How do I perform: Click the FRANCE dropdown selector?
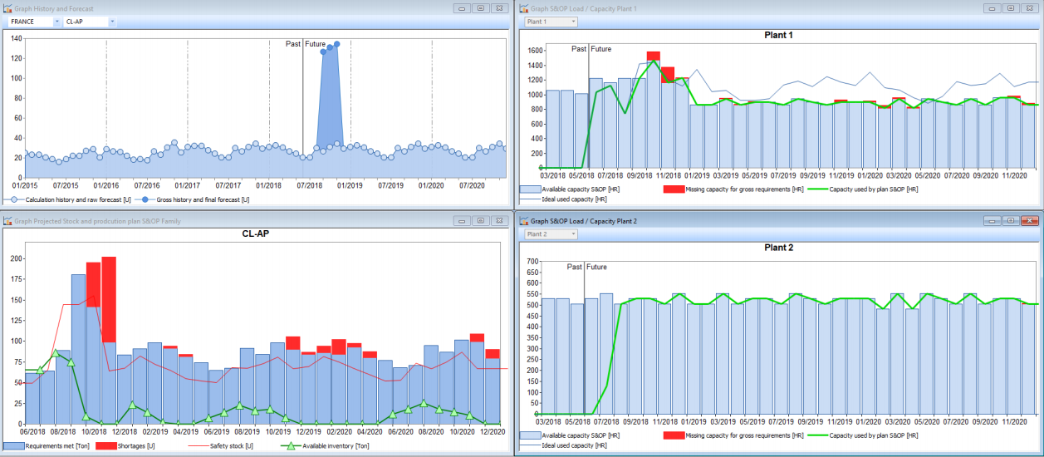click(x=32, y=22)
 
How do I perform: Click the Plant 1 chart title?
click(x=778, y=36)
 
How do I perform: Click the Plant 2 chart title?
click(x=778, y=248)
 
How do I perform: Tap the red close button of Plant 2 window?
click(x=1030, y=221)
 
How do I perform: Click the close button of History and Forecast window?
click(x=498, y=8)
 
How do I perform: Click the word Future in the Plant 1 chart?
click(x=600, y=49)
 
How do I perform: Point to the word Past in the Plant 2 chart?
click(x=575, y=267)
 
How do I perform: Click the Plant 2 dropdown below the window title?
click(x=550, y=234)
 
